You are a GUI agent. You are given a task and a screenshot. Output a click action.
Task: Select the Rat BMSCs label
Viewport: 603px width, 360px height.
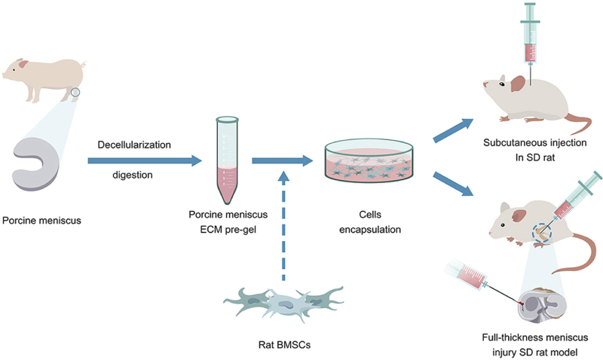coord(283,346)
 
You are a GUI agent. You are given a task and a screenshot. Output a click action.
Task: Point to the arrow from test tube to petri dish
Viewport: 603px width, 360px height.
coord(283,160)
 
